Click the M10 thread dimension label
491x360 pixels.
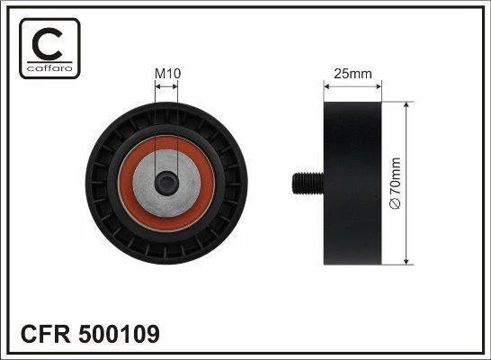(168, 74)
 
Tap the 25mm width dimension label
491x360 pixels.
(353, 74)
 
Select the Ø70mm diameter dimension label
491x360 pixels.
(395, 184)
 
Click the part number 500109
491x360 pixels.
(120, 334)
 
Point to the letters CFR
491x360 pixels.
(46, 334)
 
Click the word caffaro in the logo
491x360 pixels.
(49, 68)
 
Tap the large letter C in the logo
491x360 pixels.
(47, 44)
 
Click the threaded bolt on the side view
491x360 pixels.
(308, 184)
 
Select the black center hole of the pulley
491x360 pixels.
(166, 184)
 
